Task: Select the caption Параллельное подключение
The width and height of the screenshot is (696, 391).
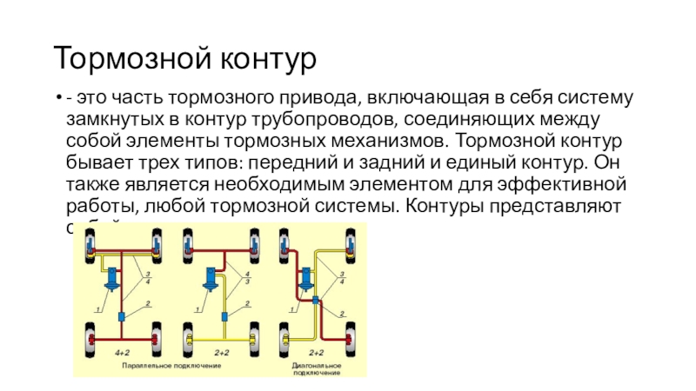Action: click(171, 366)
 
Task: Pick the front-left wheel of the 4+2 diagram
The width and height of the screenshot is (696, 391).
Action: click(90, 244)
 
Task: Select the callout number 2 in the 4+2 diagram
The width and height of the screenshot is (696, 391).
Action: click(147, 302)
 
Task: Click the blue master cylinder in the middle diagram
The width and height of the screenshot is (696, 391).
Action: click(211, 278)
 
